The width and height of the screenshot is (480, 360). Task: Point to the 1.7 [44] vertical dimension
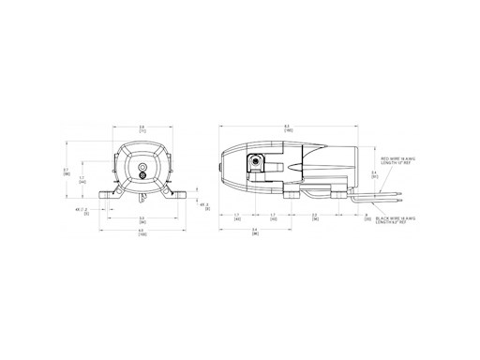[x=82, y=179]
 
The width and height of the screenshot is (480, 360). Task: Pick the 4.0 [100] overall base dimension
[x=142, y=232]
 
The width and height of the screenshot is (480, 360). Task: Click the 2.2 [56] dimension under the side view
[x=314, y=217]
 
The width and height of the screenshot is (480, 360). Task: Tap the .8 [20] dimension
[x=365, y=217]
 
